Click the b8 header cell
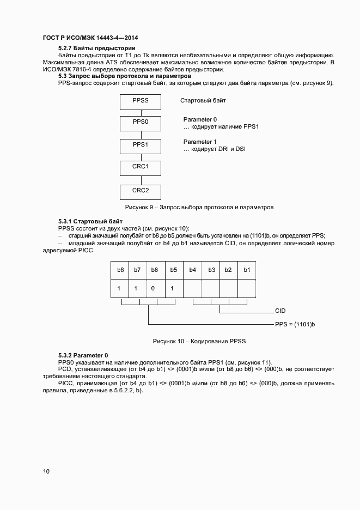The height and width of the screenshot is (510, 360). [x=120, y=270]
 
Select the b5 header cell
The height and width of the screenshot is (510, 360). [x=174, y=270]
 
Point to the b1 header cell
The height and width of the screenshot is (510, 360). [x=246, y=270]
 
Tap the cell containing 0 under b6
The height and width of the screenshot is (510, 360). [x=155, y=288]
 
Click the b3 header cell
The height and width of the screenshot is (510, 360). [x=211, y=270]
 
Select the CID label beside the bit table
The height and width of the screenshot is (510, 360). [x=280, y=311]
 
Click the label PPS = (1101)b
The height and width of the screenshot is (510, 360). [x=295, y=324]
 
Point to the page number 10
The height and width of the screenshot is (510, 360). [x=46, y=471]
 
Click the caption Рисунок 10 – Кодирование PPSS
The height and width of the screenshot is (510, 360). [x=199, y=341]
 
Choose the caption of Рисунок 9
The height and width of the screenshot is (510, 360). [x=199, y=207]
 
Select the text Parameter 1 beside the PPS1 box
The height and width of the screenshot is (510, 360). [x=200, y=142]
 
